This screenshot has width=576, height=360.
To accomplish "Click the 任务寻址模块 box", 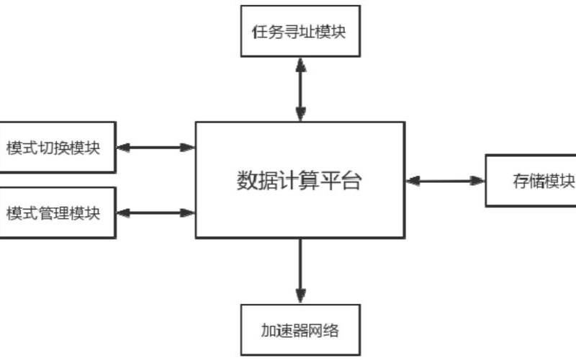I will click(300, 32).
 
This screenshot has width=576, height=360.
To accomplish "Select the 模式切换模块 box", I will click(57, 147).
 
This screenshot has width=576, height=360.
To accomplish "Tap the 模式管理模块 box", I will click(57, 212).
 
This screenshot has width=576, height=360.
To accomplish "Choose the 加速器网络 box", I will click(300, 331).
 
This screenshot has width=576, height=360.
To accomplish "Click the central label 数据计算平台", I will click(300, 180).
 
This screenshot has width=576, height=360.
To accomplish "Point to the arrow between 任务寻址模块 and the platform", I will click(300, 89).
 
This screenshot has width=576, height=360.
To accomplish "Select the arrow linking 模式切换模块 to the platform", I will click(156, 147).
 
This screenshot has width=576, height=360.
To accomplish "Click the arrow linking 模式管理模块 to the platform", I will click(156, 212).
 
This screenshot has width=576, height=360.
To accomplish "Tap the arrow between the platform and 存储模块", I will click(445, 180).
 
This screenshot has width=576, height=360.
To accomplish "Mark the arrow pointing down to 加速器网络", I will click(300, 270).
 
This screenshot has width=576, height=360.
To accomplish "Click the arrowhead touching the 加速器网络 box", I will click(300, 297).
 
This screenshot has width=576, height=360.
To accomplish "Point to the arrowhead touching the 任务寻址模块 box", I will click(300, 63).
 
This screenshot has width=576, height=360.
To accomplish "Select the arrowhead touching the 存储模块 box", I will click(478, 180).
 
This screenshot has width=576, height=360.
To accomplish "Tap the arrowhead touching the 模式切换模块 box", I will click(122, 147).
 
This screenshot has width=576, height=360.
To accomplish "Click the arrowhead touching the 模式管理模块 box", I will click(122, 212).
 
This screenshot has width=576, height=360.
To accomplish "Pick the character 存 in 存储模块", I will click(520, 180).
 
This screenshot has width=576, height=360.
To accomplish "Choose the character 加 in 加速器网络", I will click(266, 331).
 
